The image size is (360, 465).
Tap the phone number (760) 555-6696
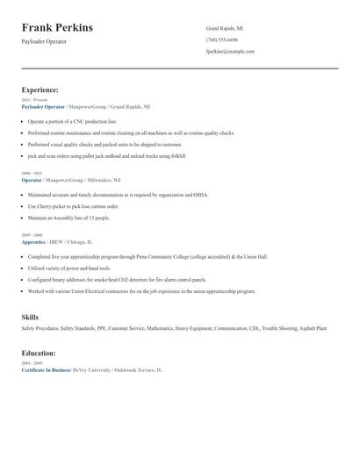tap(221, 39)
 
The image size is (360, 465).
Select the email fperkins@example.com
tap(230, 51)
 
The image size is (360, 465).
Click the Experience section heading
tap(40, 89)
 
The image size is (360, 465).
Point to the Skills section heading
tap(30, 316)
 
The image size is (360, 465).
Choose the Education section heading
tap(39, 353)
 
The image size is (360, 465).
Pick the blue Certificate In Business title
tap(46, 370)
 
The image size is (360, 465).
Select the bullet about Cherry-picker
tap(74, 206)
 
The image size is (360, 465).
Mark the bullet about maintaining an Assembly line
tap(69, 217)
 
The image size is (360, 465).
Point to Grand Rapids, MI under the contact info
tap(224, 28)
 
